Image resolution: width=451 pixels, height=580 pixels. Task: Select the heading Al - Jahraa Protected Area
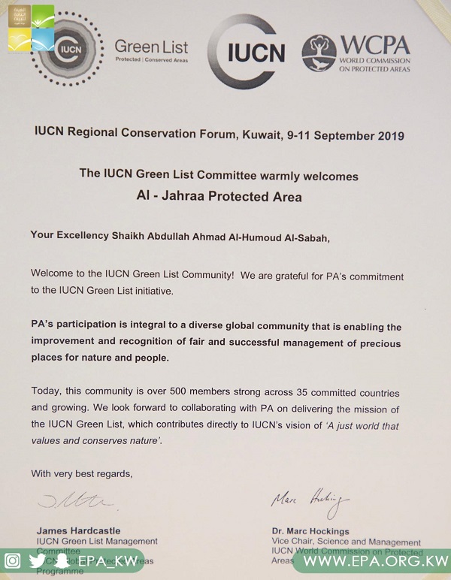point(219,197)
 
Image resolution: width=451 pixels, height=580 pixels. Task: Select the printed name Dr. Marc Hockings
point(310,531)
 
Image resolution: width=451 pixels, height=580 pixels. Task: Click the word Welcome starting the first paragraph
point(53,276)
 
